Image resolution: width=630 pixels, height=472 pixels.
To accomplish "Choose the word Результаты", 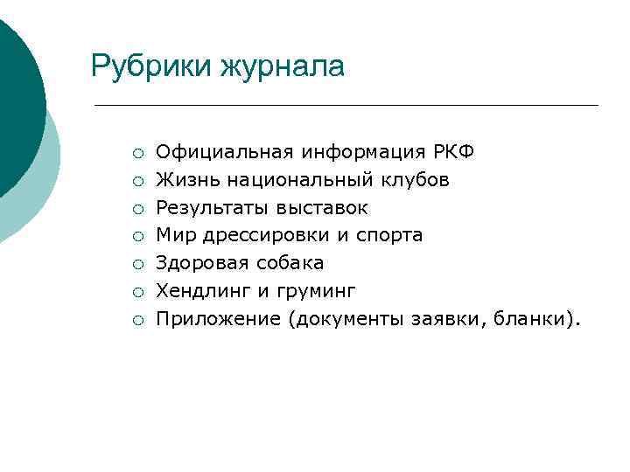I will coord(213,208).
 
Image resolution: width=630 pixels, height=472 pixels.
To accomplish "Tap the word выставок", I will coord(323,208).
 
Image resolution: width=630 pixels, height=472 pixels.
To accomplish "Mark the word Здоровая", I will coord(199,263).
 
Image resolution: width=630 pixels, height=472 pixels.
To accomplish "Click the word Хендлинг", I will coord(199,290).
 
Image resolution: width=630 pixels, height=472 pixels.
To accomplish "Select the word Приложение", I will coord(218,318).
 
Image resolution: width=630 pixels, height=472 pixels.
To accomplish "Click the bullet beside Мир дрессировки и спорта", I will coord(138,236).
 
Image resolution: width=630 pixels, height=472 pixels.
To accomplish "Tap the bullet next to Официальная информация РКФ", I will coord(138,154).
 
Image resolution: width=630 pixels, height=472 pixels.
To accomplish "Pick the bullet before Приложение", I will coord(138,319).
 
